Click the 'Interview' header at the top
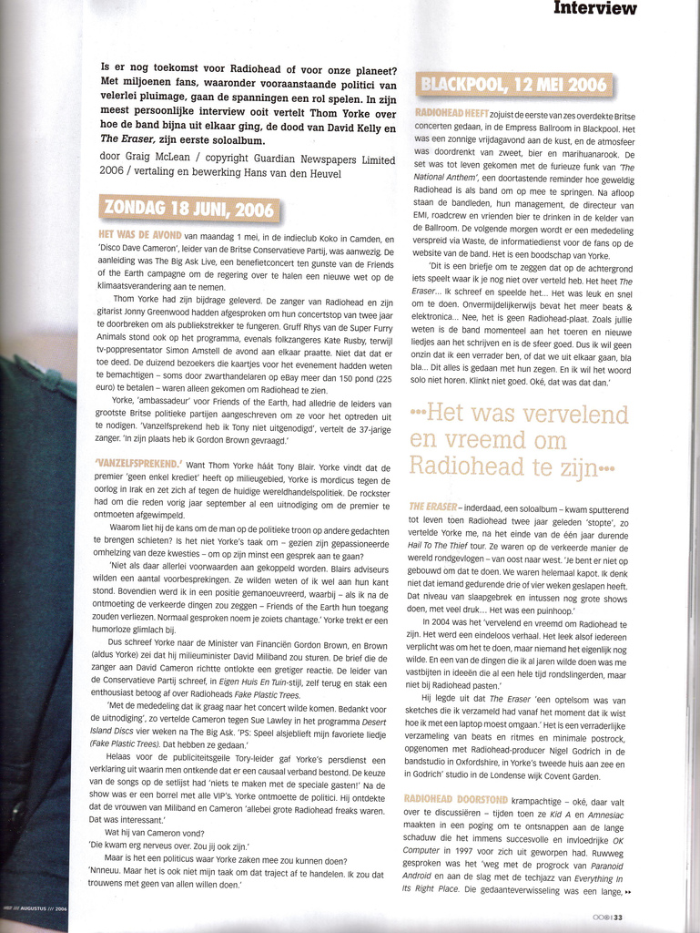pos(595,8)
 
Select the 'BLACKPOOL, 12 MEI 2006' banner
pos(513,86)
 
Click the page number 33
pos(617,917)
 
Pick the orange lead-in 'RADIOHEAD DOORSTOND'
pos(450,798)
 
